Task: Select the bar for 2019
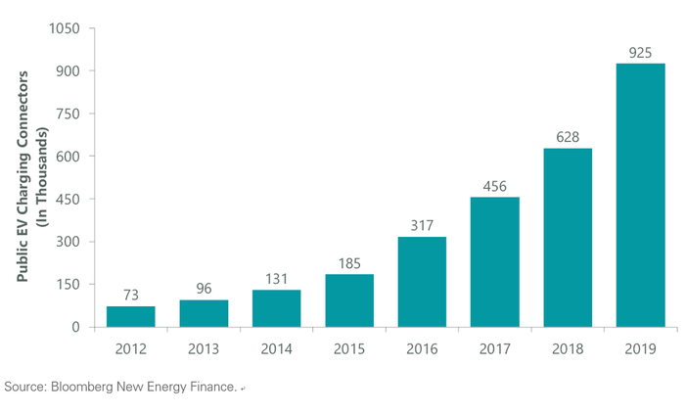coord(640,196)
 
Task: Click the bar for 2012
coord(130,317)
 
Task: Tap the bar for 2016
coord(422,282)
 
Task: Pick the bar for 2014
coord(277,308)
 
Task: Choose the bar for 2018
coord(568,238)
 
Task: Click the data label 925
coord(640,53)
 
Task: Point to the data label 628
coord(568,137)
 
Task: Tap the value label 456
coord(495,187)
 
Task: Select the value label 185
coord(349,263)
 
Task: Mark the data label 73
coord(131,296)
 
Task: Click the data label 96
coord(204,289)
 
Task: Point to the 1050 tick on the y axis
coord(65,28)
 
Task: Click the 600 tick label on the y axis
coord(68,157)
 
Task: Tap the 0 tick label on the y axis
coord(76,327)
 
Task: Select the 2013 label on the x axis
coord(204,349)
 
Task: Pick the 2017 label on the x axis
coord(495,349)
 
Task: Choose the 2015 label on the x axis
coord(349,349)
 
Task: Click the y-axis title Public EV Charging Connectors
coord(23,176)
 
